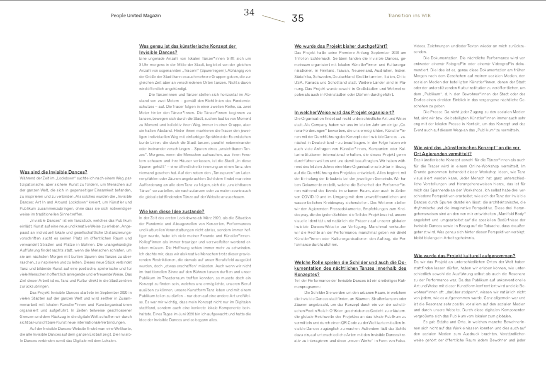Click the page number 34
(249, 12)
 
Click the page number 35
(298, 18)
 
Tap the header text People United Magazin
(136, 16)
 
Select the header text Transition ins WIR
(409, 16)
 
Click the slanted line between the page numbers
(274, 19)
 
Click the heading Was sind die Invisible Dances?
(53, 172)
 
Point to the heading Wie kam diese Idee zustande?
(172, 211)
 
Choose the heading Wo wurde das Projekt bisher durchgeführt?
(341, 46)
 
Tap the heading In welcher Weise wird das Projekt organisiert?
(344, 112)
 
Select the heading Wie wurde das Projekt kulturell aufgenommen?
(464, 256)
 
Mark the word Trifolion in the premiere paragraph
(303, 59)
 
